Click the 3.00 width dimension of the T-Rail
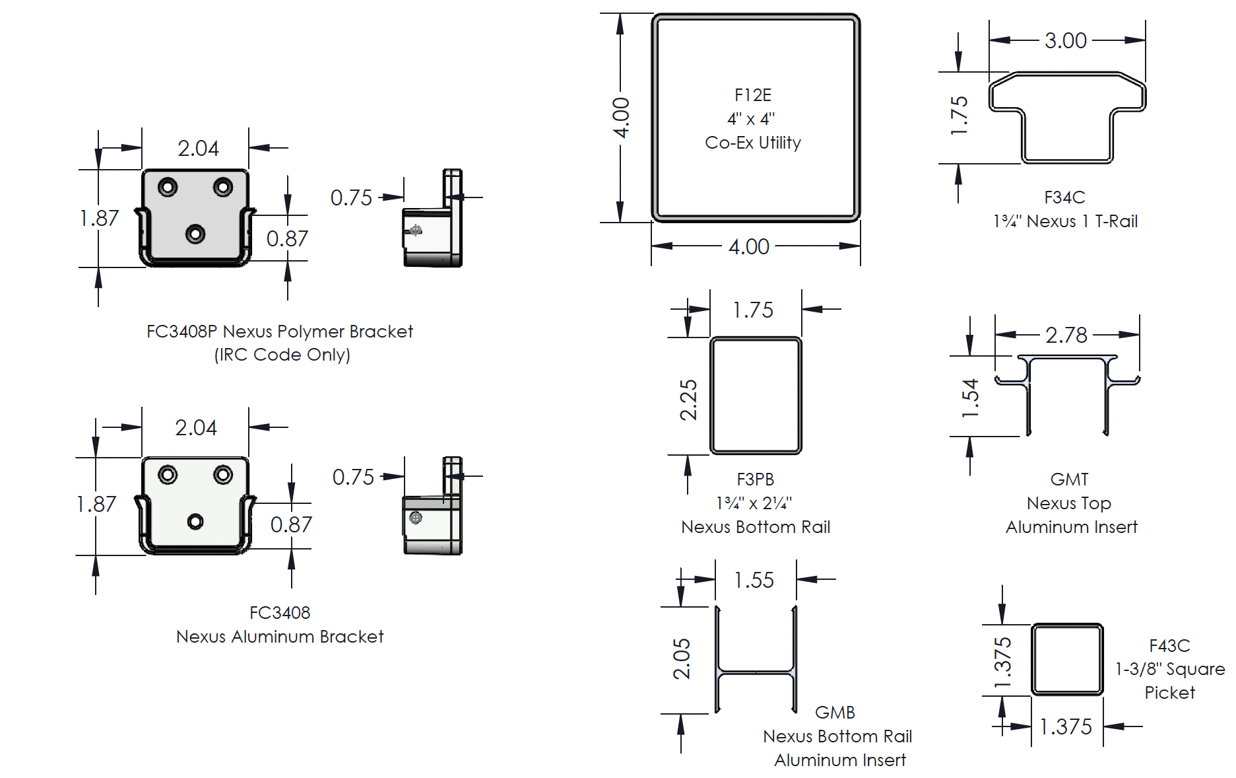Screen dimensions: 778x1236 pyautogui.click(x=1065, y=41)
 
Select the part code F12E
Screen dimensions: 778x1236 pyautogui.click(x=752, y=95)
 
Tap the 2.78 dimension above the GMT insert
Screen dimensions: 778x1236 pyautogui.click(x=1066, y=336)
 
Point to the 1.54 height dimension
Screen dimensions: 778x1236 pyautogui.click(x=969, y=398)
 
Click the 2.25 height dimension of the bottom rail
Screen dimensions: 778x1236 pyautogui.click(x=688, y=400)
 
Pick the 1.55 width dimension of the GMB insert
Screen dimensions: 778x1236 pyautogui.click(x=754, y=580)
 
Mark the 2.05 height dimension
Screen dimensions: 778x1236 pyautogui.click(x=682, y=658)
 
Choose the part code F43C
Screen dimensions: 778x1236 pyautogui.click(x=1169, y=645)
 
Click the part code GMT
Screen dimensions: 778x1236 pyautogui.click(x=1069, y=479)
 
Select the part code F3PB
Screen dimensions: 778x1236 pyautogui.click(x=755, y=479)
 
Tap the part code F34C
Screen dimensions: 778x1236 pyautogui.click(x=1064, y=197)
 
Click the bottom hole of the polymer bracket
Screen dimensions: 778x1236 pyautogui.click(x=195, y=234)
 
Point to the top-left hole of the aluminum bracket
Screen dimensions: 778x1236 pyautogui.click(x=168, y=475)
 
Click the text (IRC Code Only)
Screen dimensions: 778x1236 pyautogui.click(x=282, y=355)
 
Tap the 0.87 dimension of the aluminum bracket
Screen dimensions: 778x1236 pyautogui.click(x=291, y=524)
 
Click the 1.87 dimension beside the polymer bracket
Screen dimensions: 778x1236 pyautogui.click(x=99, y=218)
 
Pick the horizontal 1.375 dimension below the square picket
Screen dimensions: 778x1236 pyautogui.click(x=1065, y=726)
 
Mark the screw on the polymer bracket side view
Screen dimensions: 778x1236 pyautogui.click(x=416, y=230)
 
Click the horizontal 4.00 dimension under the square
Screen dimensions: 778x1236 pyautogui.click(x=748, y=247)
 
